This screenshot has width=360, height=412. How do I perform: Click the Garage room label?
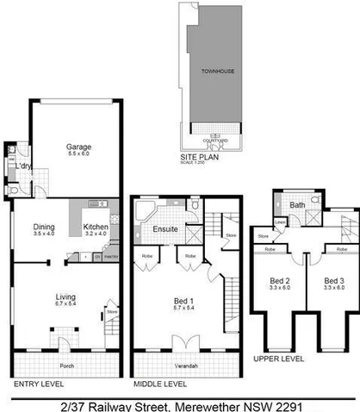click(79, 147)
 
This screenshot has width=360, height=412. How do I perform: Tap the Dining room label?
click(43, 228)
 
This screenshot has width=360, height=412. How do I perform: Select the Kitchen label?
click(96, 228)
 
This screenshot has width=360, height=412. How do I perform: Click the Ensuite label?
click(165, 229)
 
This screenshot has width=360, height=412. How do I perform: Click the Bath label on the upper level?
click(297, 205)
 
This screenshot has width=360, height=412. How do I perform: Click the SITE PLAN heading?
click(197, 159)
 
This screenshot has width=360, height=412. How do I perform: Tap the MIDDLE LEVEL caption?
click(160, 383)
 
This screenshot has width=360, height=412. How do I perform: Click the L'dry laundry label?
click(22, 166)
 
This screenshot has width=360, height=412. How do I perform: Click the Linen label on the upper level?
click(281, 220)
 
